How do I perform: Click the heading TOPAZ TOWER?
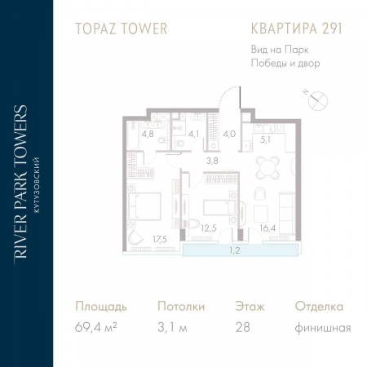(x=122, y=29)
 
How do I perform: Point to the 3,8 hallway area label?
(x=212, y=161)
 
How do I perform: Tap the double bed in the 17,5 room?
(x=147, y=205)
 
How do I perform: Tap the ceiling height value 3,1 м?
(x=174, y=329)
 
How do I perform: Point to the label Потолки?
(x=181, y=307)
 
